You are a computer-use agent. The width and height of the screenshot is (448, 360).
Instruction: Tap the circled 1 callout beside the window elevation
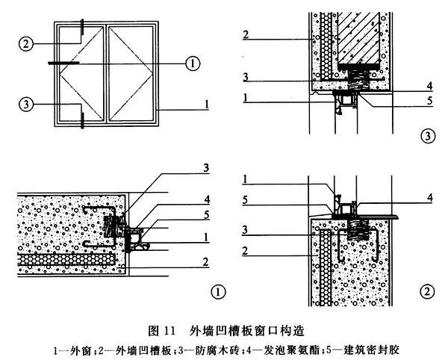(x=192, y=63)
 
